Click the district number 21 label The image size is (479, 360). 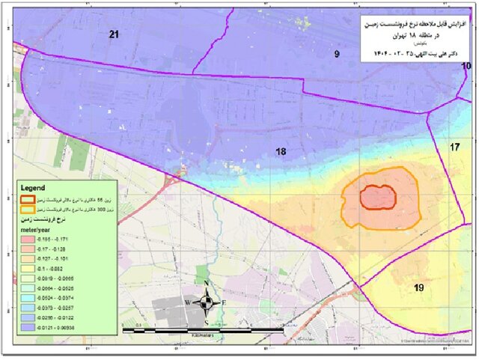(x=114, y=34)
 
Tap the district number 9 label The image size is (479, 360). (x=337, y=53)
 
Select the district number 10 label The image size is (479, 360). (x=466, y=67)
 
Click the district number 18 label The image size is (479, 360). (x=281, y=152)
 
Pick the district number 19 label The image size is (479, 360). (x=419, y=287)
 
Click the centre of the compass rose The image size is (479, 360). (x=206, y=302)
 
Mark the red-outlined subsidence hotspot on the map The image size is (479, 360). (x=378, y=198)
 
